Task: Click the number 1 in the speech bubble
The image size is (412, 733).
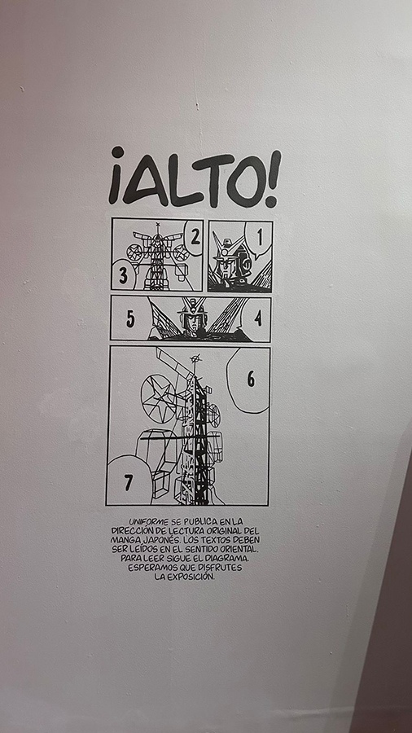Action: click(x=260, y=239)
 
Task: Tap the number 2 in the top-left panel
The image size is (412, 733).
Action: click(x=195, y=238)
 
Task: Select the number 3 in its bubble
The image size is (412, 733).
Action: click(x=123, y=275)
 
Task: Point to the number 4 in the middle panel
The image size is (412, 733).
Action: click(x=258, y=318)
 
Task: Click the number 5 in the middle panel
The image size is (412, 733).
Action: click(x=130, y=318)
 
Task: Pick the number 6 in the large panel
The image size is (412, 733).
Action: click(x=251, y=379)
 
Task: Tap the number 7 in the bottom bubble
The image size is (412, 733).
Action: click(x=128, y=482)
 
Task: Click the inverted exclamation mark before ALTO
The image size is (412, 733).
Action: click(x=116, y=175)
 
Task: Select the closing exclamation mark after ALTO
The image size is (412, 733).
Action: click(x=271, y=178)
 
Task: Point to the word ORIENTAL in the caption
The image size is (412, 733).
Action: click(x=237, y=549)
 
